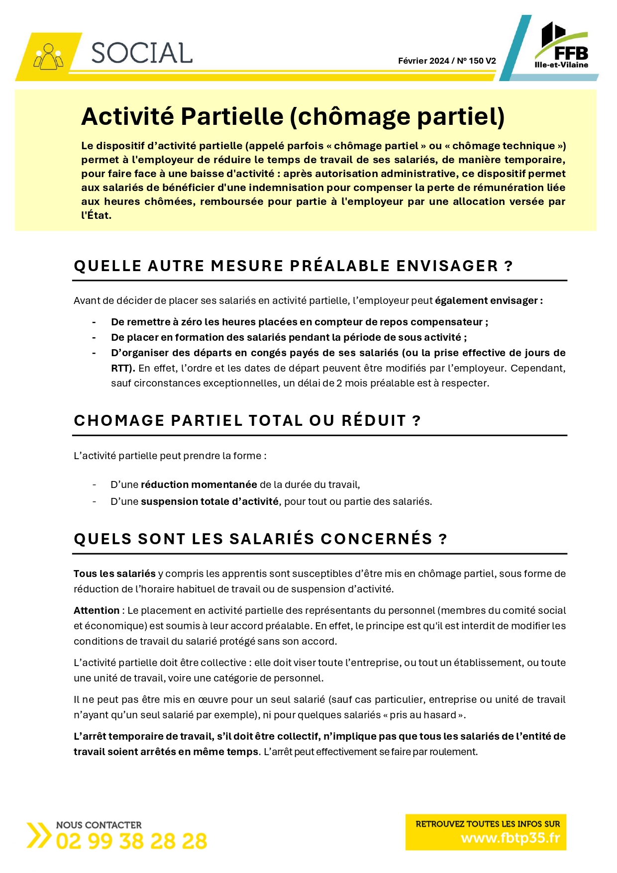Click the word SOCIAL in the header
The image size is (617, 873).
point(142,53)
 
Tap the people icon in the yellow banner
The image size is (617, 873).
point(48,57)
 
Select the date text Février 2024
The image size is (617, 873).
point(423,61)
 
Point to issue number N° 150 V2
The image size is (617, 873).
point(476,61)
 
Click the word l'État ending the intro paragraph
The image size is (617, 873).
point(96,215)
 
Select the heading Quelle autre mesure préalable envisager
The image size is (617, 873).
point(293,266)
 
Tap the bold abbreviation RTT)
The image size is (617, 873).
point(123,368)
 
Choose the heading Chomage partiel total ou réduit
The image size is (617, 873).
point(247,420)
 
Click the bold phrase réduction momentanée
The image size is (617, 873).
point(199,485)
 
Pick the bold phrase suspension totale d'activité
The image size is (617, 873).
point(209,501)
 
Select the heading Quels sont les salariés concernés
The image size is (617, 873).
point(260,539)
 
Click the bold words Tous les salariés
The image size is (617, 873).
point(114,574)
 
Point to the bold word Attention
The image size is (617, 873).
point(97,610)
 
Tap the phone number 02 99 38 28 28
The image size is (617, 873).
point(131,842)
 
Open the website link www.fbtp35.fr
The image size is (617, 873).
point(510,838)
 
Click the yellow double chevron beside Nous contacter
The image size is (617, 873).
point(38,835)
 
